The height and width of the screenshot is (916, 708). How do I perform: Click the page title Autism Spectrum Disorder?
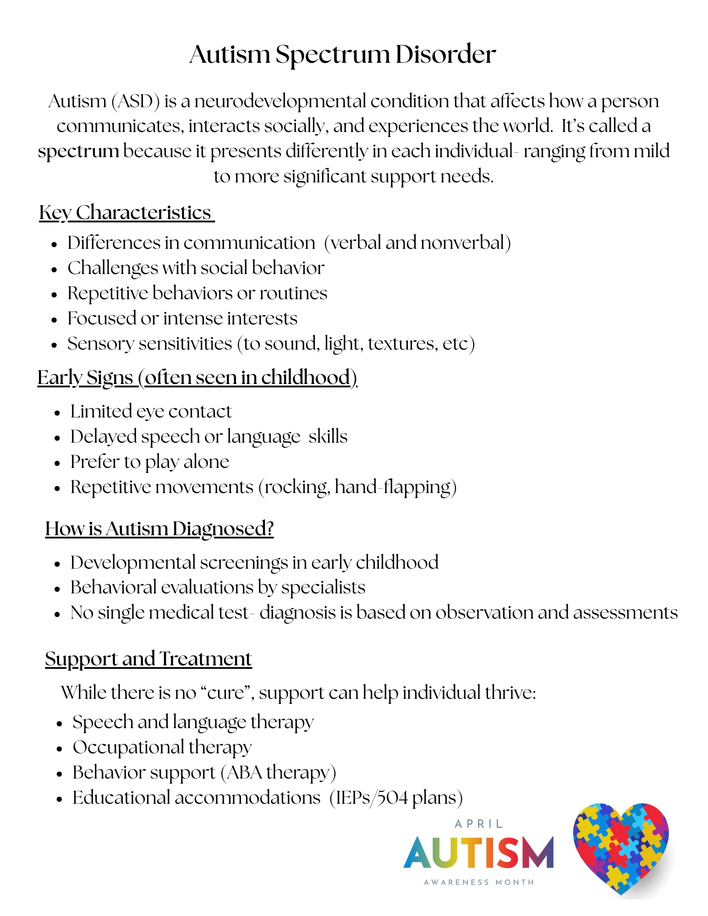coord(342,55)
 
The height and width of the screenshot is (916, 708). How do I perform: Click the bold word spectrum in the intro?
coord(78,151)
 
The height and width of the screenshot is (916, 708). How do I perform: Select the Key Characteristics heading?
coord(126,213)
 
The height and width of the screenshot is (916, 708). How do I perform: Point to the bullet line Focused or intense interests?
coord(182,318)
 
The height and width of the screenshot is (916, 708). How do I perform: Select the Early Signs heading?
coord(197,378)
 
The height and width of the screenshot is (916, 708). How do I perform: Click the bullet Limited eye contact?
coord(151,411)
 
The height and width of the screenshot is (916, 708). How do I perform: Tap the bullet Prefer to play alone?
coord(149,462)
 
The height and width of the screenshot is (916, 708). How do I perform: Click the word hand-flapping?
coord(392,487)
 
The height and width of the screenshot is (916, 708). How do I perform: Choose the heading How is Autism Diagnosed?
coord(159,529)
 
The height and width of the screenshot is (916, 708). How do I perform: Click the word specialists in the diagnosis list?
coord(323,587)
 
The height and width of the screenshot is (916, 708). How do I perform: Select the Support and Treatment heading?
coord(148,659)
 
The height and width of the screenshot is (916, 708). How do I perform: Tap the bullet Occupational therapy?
coord(162,747)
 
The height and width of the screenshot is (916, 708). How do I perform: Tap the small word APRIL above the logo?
coord(479,824)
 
